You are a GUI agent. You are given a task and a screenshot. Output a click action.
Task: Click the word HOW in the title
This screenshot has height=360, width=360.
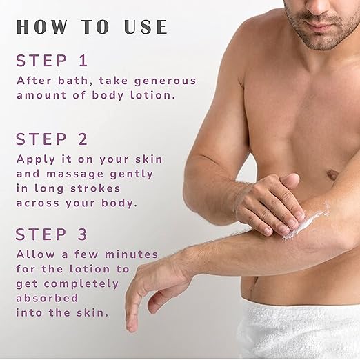[x=42, y=27]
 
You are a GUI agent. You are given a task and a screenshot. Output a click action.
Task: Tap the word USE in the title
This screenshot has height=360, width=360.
[x=146, y=27]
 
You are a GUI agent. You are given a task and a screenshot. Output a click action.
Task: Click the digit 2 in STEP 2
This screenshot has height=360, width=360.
[x=83, y=139]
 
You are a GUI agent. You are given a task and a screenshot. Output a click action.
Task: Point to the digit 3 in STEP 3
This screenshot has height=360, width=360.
[x=83, y=234]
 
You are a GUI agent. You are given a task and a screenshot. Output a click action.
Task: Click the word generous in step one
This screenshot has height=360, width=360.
[x=165, y=81]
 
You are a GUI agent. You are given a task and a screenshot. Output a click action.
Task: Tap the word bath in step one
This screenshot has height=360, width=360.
[x=74, y=81]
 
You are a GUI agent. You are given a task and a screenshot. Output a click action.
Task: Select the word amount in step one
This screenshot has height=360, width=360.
[x=41, y=95]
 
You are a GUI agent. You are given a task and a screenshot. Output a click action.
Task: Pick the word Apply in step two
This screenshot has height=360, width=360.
[x=36, y=160]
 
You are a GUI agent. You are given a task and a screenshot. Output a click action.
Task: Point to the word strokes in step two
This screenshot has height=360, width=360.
[x=95, y=188]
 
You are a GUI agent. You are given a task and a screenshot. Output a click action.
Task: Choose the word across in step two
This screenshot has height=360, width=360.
[x=38, y=203]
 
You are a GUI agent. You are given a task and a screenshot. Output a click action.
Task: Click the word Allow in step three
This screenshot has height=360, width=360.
[x=36, y=254]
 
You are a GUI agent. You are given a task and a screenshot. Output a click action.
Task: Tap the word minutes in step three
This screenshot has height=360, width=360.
[x=132, y=254]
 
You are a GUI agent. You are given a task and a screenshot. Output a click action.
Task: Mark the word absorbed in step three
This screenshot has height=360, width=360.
[x=47, y=298]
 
